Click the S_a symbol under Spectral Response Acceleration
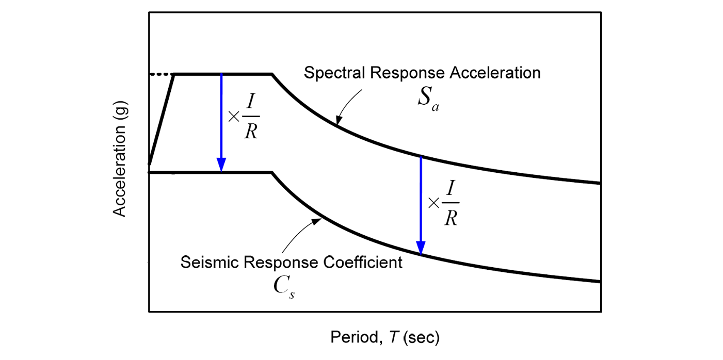428,99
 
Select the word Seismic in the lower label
210,262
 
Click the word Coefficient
363,262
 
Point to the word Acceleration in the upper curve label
495,73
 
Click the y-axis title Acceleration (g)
119,159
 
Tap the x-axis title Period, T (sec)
385,337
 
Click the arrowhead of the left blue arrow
221,165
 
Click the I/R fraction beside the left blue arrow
251,117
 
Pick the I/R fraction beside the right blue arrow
451,203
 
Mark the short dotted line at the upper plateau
162,74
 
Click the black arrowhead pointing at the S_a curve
338,120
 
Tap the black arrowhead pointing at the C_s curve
316,221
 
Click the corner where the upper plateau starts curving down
272,74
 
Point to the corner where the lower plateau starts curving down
272,173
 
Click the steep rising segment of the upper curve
162,119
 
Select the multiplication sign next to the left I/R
234,117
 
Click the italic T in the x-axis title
394,337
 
